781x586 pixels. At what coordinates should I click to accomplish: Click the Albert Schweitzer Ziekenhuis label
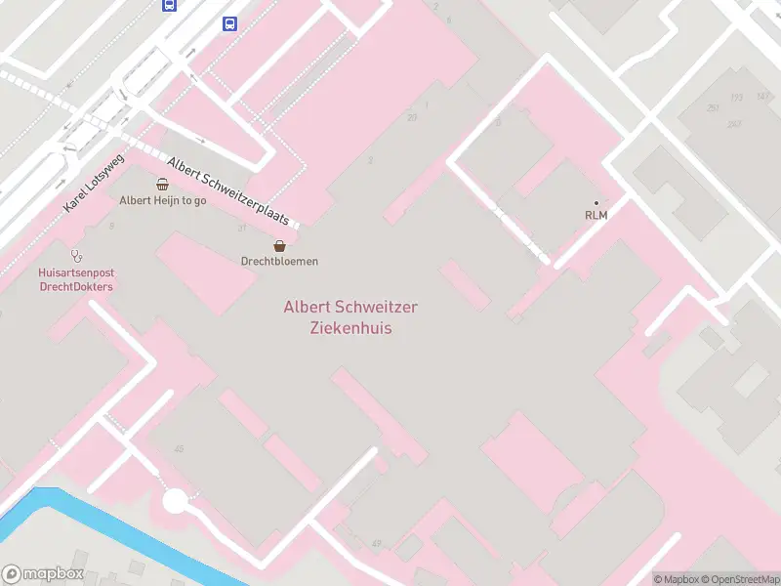350,317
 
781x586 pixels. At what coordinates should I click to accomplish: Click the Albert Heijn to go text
162,200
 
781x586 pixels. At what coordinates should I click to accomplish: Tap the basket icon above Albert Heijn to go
162,184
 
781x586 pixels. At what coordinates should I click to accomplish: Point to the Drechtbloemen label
279,261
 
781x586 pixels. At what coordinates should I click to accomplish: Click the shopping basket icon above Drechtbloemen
279,245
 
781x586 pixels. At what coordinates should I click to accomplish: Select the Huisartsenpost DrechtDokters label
75,280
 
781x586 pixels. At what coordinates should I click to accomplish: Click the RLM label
596,215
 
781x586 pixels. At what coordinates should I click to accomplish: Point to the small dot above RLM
596,202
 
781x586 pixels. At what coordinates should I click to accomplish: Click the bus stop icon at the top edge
170,4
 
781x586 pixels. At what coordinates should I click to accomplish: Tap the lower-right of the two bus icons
229,23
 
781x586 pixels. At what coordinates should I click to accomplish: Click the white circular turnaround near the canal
175,502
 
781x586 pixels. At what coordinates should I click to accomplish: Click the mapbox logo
43,574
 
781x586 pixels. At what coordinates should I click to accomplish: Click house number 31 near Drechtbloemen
240,228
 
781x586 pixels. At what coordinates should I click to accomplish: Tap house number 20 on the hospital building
412,117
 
